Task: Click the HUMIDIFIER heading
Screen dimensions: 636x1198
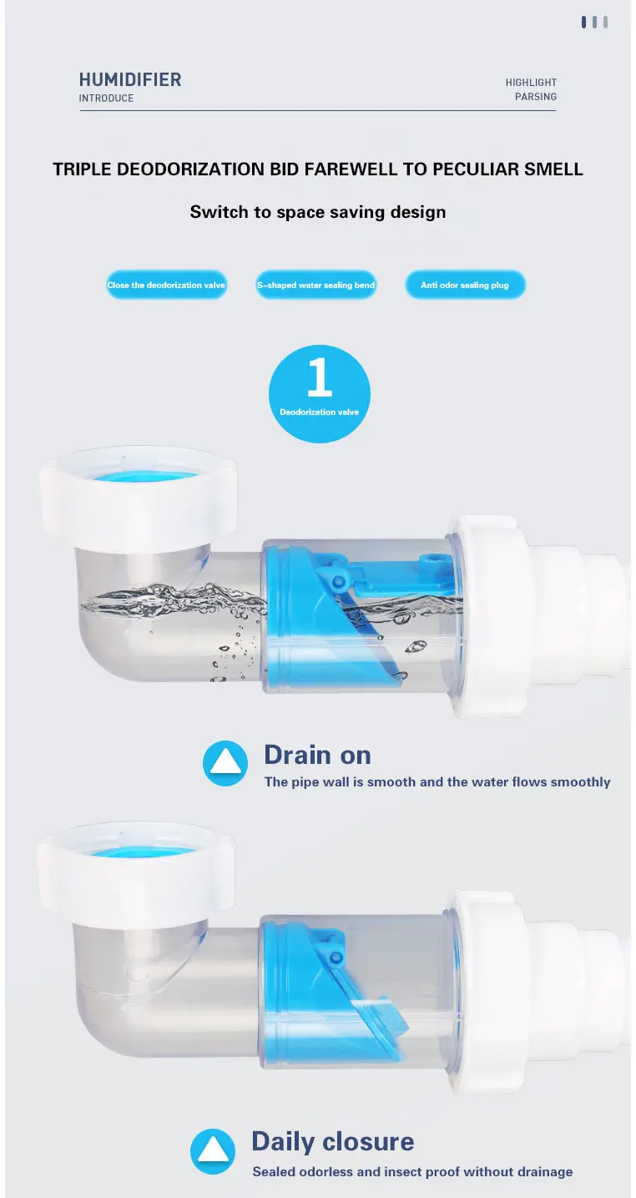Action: tap(130, 79)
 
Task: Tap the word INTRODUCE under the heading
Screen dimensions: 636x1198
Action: tap(106, 99)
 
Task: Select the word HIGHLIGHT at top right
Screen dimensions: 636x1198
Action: tap(531, 83)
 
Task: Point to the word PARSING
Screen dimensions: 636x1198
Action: tap(536, 97)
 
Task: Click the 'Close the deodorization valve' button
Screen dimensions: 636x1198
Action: tap(166, 285)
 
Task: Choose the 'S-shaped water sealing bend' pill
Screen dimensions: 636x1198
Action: tap(315, 285)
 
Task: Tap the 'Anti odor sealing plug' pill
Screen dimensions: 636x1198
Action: tap(465, 285)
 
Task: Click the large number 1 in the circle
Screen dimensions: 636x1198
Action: tap(320, 377)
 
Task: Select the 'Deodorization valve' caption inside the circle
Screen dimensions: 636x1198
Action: tap(320, 412)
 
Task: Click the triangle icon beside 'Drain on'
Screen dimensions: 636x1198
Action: tap(225, 763)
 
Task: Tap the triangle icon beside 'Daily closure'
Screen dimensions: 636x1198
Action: tap(212, 1151)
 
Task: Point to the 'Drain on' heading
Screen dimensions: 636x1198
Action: tap(317, 756)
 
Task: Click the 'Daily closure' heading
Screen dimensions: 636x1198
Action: tap(333, 1141)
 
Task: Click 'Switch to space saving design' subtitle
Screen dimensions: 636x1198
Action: tap(318, 212)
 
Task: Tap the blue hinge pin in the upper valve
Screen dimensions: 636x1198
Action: tap(337, 581)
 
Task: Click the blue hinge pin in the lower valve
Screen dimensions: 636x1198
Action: tap(336, 957)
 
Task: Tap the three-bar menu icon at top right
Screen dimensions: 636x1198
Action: tap(594, 22)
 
